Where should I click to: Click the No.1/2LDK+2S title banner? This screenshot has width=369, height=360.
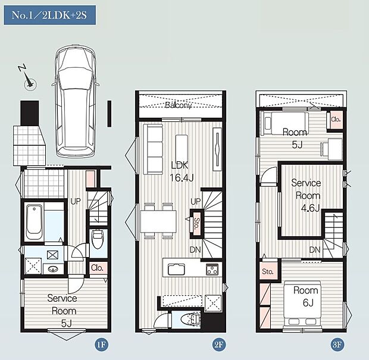coord(49,15)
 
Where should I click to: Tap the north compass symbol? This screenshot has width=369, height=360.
coord(28,78)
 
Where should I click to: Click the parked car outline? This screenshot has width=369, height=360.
coord(75,101)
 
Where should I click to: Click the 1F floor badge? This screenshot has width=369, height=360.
coord(101,345)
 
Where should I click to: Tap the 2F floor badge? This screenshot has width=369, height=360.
coord(218,345)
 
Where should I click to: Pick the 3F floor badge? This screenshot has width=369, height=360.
coord(337,345)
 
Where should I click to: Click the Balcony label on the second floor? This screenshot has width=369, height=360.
coord(178,105)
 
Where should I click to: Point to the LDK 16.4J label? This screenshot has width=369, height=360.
coord(181,172)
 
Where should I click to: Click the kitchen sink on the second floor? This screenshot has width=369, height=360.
coord(176,269)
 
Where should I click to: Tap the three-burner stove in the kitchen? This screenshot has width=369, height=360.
coord(212,269)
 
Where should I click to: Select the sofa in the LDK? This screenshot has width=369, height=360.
coord(153,149)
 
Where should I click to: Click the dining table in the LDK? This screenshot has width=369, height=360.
coord(158,221)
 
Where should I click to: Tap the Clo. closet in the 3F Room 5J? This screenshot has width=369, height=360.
coord(336,120)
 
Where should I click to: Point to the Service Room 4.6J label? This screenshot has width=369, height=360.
coord(307,196)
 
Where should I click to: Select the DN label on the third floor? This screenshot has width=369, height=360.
coord(315,250)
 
